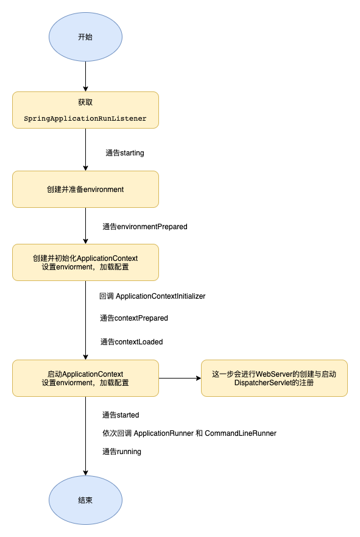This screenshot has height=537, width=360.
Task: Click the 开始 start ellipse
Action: coord(85,37)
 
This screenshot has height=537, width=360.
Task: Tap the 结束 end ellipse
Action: coord(85,500)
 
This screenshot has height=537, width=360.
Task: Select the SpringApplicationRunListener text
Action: coord(85,118)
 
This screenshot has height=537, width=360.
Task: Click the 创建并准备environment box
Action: coord(85,189)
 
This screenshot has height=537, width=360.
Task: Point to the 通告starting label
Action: coord(125,153)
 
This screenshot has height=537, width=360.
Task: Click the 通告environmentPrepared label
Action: coord(144,227)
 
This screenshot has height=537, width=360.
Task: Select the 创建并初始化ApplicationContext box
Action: coord(85,262)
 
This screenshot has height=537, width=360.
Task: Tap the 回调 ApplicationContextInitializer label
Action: coord(152,296)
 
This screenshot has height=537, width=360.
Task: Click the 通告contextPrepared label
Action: coord(134,318)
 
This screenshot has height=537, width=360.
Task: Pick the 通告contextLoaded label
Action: coord(132,342)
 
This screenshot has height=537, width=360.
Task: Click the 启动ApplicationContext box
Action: coord(85,378)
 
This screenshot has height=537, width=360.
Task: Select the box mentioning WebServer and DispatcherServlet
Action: coord(274,378)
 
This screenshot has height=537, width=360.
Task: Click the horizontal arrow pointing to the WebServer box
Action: coord(180,378)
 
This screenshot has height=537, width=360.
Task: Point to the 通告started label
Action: coord(121,415)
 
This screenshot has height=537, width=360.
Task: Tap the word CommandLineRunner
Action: coord(241,433)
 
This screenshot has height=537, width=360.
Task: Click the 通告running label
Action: coord(122,452)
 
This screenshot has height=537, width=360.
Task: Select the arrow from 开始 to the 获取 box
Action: coord(85,76)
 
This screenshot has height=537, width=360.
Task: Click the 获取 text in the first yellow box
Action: coord(85,102)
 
